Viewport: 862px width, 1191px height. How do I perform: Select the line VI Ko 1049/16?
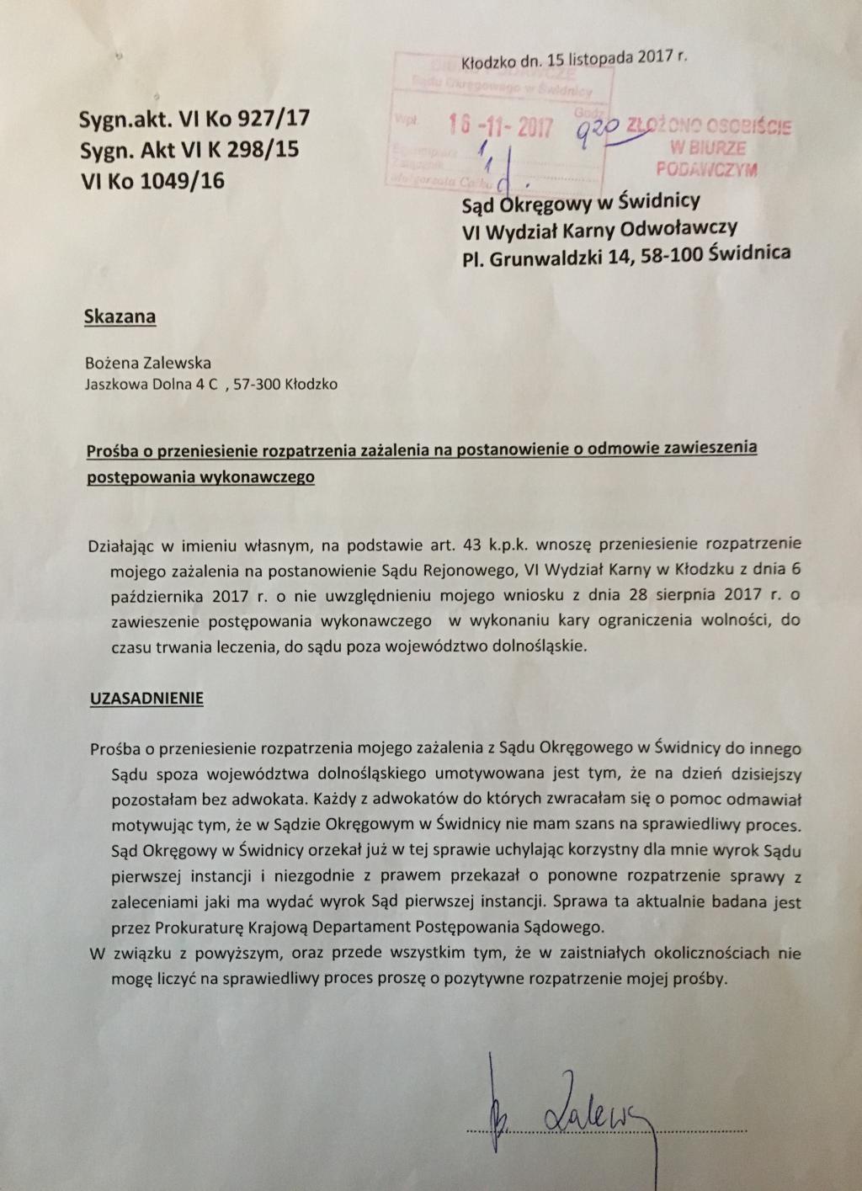pyautogui.click(x=152, y=180)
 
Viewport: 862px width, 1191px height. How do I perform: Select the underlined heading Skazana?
pyautogui.click(x=120, y=317)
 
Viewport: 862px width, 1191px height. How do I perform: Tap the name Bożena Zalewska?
pyautogui.click(x=147, y=364)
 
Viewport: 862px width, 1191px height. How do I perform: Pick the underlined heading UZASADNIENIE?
pyautogui.click(x=146, y=699)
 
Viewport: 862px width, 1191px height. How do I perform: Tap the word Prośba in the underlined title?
pyautogui.click(x=109, y=450)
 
